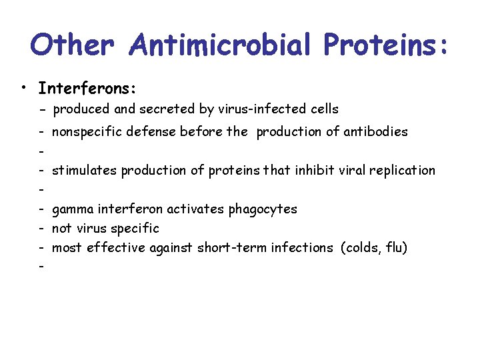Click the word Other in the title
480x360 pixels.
[x=74, y=45]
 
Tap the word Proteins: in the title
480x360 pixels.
[x=386, y=45]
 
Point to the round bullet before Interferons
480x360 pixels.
[x=24, y=89]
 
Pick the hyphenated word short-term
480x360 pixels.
[x=227, y=247]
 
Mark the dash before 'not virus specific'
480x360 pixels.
[x=42, y=228]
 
